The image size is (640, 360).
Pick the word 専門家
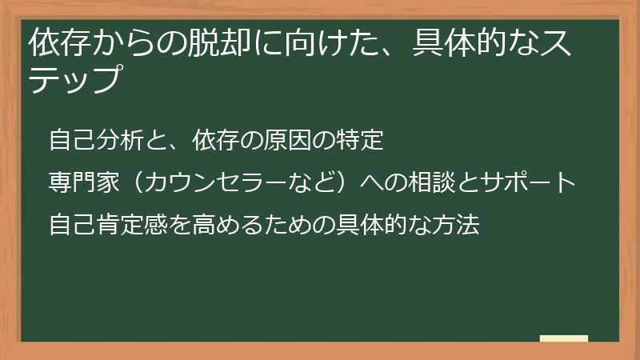[x=82, y=182]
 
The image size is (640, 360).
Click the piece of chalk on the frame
[x=563, y=338]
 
